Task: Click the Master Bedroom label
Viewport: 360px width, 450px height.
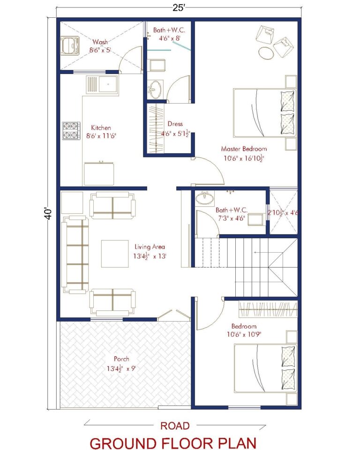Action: (x=244, y=149)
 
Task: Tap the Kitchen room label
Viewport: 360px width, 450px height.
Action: (x=101, y=127)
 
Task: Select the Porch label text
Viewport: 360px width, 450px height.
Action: (x=121, y=359)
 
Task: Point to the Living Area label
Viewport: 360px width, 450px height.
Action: (x=150, y=247)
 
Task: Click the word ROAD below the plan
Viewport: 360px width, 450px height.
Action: (x=175, y=426)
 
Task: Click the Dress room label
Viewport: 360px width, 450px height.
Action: (x=175, y=124)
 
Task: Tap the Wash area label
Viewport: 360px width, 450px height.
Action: (x=100, y=42)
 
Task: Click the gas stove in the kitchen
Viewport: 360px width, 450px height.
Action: (x=71, y=131)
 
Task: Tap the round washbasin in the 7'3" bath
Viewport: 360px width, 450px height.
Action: (x=204, y=199)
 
